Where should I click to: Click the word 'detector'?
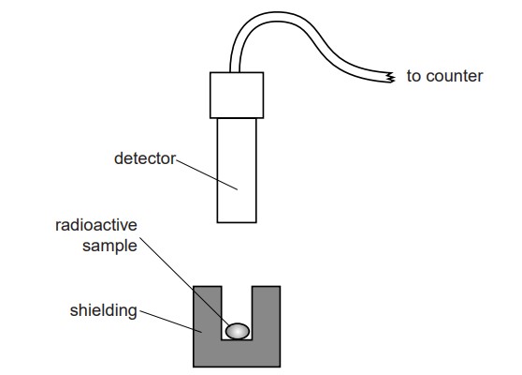click(144, 158)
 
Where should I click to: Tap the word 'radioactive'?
click(96, 225)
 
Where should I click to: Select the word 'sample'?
click(109, 247)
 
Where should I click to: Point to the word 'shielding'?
click(103, 310)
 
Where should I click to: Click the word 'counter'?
click(455, 76)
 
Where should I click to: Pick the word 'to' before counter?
click(414, 76)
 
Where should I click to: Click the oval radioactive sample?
click(238, 331)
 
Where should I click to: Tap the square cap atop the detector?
click(237, 95)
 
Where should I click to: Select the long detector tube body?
click(237, 171)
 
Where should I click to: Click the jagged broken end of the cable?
click(391, 78)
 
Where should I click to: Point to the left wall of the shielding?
click(208, 313)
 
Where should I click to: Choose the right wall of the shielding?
click(266, 313)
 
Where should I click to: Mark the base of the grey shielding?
click(237, 353)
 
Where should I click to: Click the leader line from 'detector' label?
click(207, 174)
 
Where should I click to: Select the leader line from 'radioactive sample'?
click(184, 281)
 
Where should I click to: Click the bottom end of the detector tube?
click(237, 222)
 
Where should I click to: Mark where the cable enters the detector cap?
click(235, 72)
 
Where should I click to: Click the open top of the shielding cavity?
click(237, 287)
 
